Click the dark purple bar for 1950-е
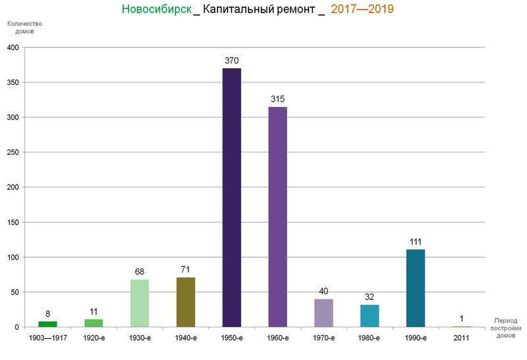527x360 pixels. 231,198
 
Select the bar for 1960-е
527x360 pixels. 277,217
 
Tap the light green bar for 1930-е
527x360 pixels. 140,303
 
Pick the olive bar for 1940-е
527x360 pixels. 186,302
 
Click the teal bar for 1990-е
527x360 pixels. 416,288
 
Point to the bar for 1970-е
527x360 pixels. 323,313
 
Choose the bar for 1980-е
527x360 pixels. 370,316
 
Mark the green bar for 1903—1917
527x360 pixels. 47,324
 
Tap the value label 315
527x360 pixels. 277,100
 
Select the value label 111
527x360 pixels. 416,242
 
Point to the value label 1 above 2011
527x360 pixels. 461,319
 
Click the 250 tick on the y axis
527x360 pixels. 13,152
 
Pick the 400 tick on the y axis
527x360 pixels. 13,47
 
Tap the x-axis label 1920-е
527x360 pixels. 94,338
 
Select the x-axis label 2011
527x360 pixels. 461,338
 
